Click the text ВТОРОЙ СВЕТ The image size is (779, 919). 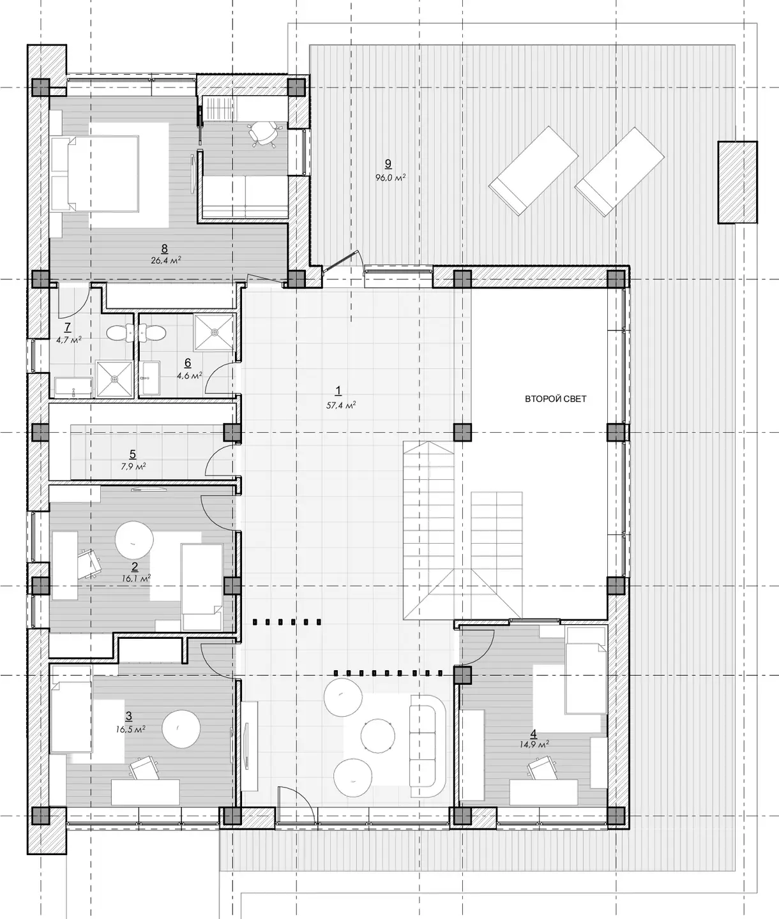click(x=556, y=399)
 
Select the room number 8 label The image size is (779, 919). click(x=165, y=248)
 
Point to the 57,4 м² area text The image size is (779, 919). click(x=341, y=405)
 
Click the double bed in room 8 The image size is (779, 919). click(x=95, y=174)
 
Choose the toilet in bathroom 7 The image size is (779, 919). click(x=119, y=332)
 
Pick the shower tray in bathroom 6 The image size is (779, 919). click(x=215, y=332)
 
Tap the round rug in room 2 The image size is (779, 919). click(x=134, y=540)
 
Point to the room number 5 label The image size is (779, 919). click(x=133, y=454)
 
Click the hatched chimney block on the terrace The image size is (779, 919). click(x=737, y=183)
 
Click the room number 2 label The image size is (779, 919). click(x=134, y=567)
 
